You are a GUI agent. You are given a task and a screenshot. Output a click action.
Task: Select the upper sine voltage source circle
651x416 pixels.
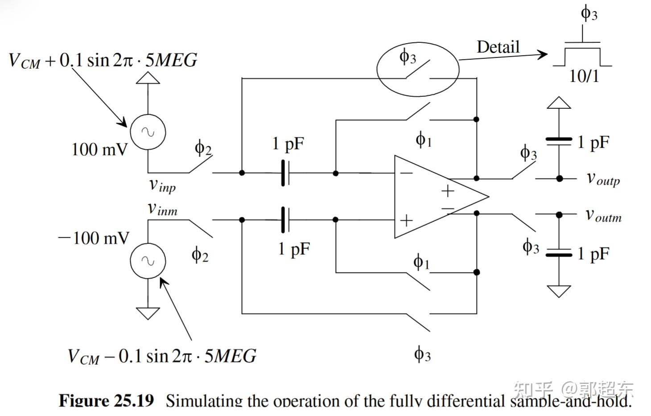148,132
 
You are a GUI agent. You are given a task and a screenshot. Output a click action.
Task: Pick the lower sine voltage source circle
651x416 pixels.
148,260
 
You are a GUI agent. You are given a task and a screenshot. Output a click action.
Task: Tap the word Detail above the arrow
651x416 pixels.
498,47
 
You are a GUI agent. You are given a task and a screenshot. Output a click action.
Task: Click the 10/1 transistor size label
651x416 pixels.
584,76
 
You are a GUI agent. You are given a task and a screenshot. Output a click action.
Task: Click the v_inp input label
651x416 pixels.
162,185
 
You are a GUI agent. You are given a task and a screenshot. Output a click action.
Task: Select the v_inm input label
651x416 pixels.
162,209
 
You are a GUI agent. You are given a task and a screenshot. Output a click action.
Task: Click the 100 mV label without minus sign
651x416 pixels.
99,149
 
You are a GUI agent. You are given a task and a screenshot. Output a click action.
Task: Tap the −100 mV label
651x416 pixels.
94,238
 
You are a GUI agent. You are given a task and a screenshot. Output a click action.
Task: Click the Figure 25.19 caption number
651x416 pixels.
106,400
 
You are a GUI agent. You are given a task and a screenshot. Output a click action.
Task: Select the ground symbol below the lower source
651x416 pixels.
148,313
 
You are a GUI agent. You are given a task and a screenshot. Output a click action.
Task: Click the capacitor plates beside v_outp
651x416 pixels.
559,141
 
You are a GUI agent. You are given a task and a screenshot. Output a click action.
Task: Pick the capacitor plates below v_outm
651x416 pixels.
559,252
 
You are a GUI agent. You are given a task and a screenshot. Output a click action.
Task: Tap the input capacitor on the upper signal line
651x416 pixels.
285,173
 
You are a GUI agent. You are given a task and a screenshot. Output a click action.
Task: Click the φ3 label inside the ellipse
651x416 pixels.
408,58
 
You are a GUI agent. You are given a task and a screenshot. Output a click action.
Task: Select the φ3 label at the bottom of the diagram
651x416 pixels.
422,354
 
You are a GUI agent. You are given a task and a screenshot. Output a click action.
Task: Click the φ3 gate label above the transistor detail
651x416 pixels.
589,13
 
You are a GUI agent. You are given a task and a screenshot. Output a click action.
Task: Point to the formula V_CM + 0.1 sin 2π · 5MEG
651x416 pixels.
103,60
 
